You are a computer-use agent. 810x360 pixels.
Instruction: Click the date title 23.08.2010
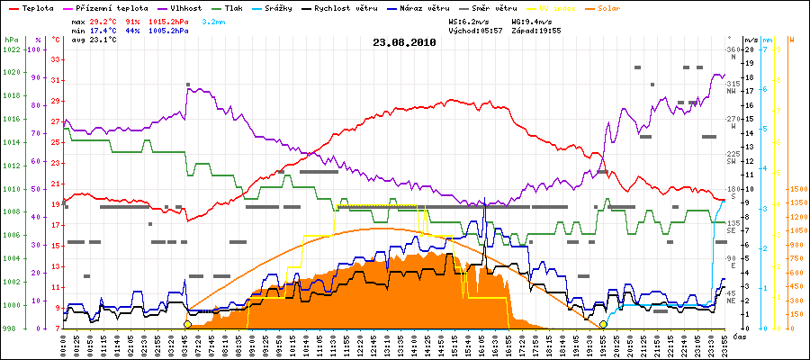click(404, 42)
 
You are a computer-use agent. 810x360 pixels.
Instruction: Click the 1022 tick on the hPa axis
click(11, 49)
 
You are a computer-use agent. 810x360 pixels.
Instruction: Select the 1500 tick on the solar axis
click(797, 189)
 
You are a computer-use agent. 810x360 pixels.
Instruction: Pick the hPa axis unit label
click(11, 40)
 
